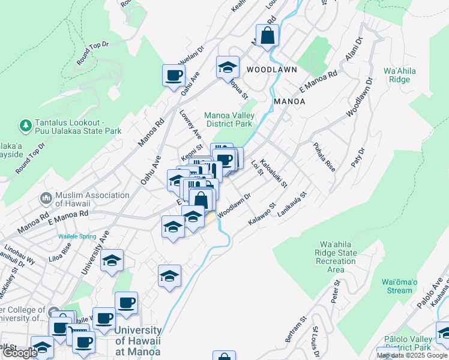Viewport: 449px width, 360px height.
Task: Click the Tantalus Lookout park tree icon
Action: [25, 125]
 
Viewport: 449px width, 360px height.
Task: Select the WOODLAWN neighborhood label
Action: [272, 70]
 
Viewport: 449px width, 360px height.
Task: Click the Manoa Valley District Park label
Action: [228, 120]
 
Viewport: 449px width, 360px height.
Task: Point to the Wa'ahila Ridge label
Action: [399, 75]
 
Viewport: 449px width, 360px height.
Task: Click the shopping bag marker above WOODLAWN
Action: [267, 36]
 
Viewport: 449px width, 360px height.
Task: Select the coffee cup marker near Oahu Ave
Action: [174, 76]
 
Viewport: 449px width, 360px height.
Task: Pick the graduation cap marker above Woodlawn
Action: [228, 67]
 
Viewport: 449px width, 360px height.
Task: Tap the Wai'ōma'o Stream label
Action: [397, 286]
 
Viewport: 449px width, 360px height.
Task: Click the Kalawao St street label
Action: [262, 214]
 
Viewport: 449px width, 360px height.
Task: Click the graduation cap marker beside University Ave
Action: [112, 261]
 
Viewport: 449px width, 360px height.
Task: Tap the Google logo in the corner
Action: [19, 353]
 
